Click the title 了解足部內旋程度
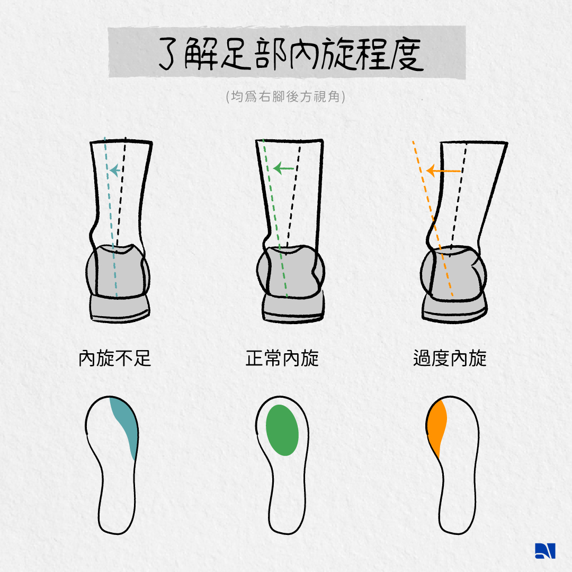click(x=291, y=53)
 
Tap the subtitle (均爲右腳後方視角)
click(x=285, y=97)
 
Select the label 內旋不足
click(x=115, y=358)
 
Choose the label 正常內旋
click(x=282, y=358)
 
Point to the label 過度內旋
click(x=450, y=358)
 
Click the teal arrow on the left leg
click(x=115, y=171)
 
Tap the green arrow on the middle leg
click(x=283, y=168)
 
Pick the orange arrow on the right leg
click(x=444, y=171)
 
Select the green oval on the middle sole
click(x=282, y=430)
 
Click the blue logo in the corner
click(x=545, y=551)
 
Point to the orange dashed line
click(x=433, y=219)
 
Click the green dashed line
click(x=275, y=218)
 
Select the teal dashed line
click(x=111, y=217)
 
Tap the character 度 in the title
click(x=407, y=54)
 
